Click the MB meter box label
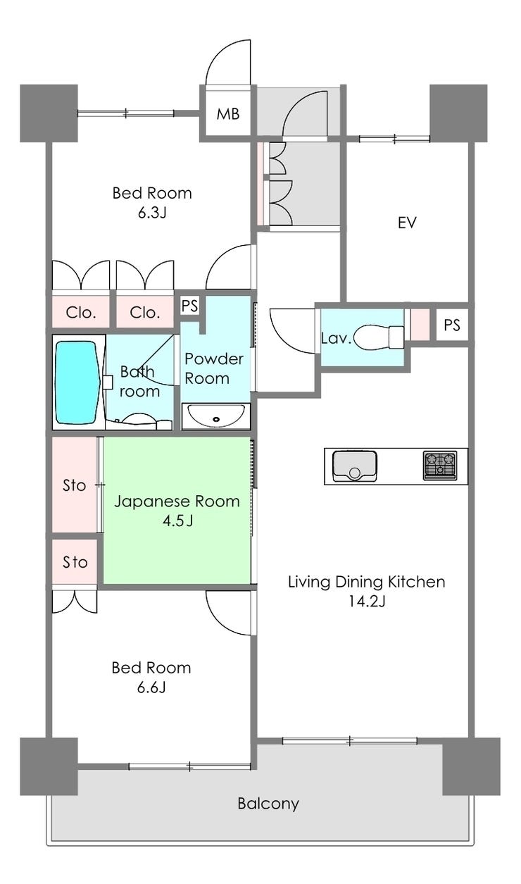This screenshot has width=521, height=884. click(228, 114)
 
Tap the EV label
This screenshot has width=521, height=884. click(407, 223)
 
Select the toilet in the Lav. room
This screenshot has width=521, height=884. click(379, 337)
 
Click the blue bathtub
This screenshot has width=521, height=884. click(77, 382)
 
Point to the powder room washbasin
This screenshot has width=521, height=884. click(215, 415)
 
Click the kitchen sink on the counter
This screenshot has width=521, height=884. click(355, 466)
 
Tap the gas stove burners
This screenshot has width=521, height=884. click(440, 466)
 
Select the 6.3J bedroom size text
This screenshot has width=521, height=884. click(152, 213)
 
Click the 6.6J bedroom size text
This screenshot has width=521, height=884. click(151, 688)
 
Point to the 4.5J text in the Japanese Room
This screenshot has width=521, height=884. click(177, 521)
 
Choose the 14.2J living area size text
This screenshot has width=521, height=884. click(366, 601)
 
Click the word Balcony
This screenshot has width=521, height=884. click(268, 804)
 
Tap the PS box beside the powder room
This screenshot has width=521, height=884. click(189, 306)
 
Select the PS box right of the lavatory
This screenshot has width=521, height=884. click(452, 325)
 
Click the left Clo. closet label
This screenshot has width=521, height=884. click(81, 313)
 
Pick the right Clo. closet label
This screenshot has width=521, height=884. click(145, 313)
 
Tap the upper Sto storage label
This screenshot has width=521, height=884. click(74, 485)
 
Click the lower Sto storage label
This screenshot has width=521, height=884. click(75, 562)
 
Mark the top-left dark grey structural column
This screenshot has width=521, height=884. click(49, 113)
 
